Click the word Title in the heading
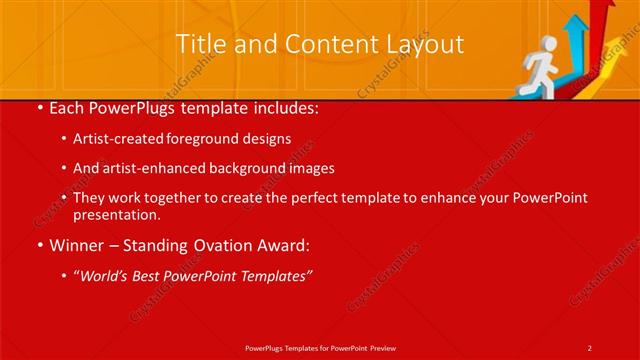(x=198, y=44)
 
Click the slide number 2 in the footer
(x=589, y=347)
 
